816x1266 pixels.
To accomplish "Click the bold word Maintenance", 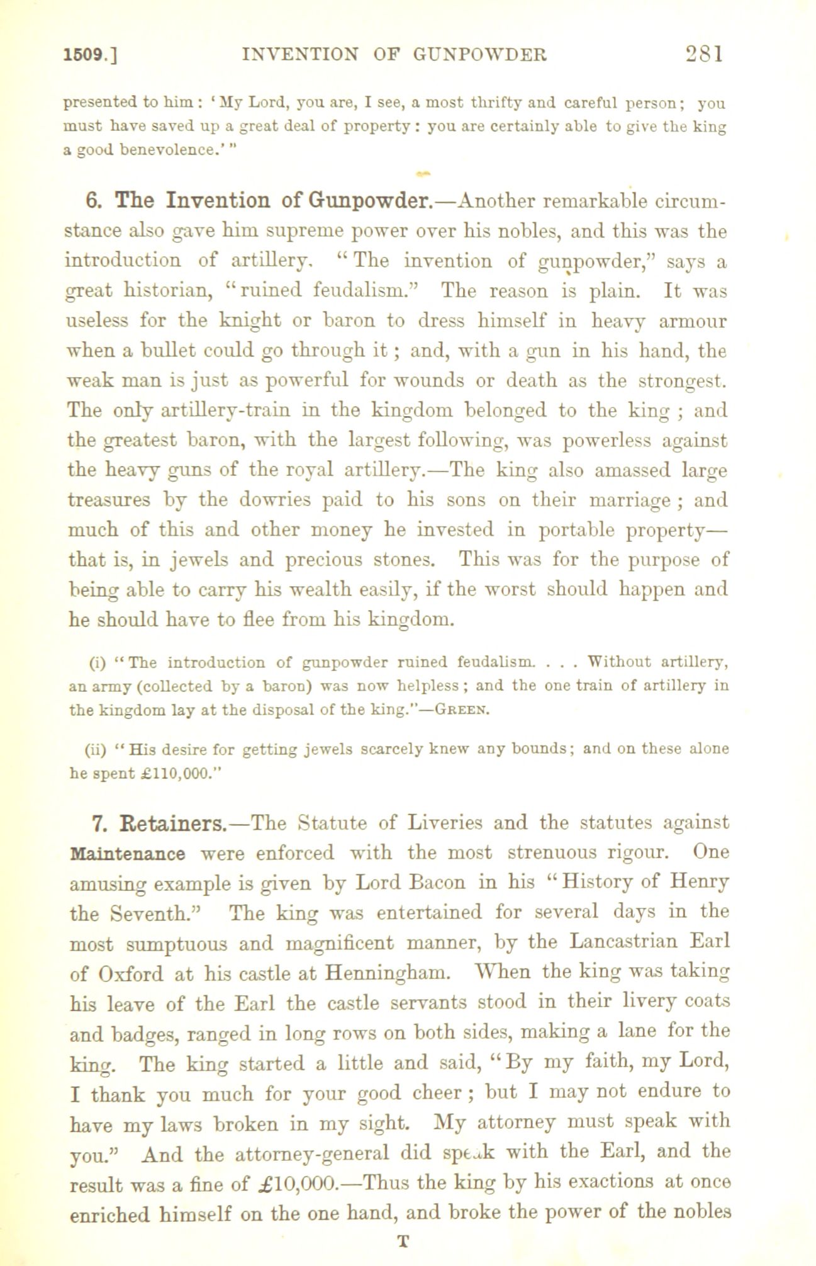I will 128,854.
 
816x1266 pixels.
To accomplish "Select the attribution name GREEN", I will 464,711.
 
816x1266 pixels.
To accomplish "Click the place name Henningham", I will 388,974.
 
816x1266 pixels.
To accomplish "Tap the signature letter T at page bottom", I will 404,1242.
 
